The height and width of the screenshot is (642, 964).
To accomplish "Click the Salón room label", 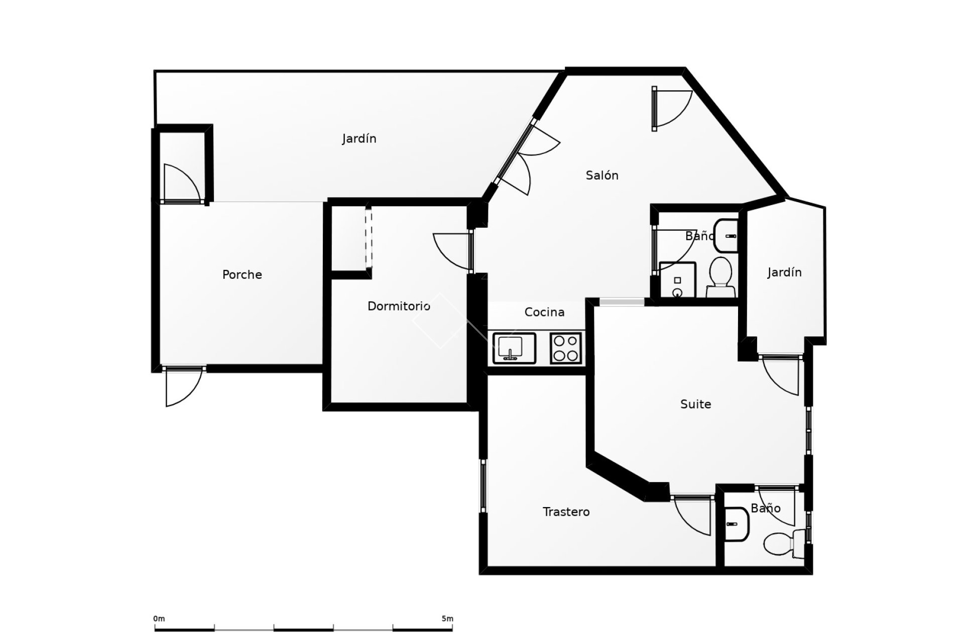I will point(601,176).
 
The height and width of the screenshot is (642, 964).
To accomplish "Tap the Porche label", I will point(242,275).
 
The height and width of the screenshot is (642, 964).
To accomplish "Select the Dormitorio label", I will point(399,306).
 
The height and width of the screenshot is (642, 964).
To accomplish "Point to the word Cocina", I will point(544,312).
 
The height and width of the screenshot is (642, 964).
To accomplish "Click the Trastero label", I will point(566,512).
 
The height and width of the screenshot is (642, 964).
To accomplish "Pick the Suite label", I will point(695,404).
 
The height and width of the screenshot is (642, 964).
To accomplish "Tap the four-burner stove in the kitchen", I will point(565,348).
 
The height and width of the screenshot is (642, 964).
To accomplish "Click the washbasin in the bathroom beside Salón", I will point(725,235).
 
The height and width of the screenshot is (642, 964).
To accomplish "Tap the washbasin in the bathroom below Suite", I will point(736,525).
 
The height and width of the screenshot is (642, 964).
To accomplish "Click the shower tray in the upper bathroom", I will point(677,280).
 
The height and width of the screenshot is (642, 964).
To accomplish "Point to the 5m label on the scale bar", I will point(447,619).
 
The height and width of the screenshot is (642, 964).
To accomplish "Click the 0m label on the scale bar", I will point(159,619).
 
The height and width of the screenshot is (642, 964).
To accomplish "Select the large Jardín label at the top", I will point(359,138).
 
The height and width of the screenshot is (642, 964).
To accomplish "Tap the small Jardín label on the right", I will point(784,272).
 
